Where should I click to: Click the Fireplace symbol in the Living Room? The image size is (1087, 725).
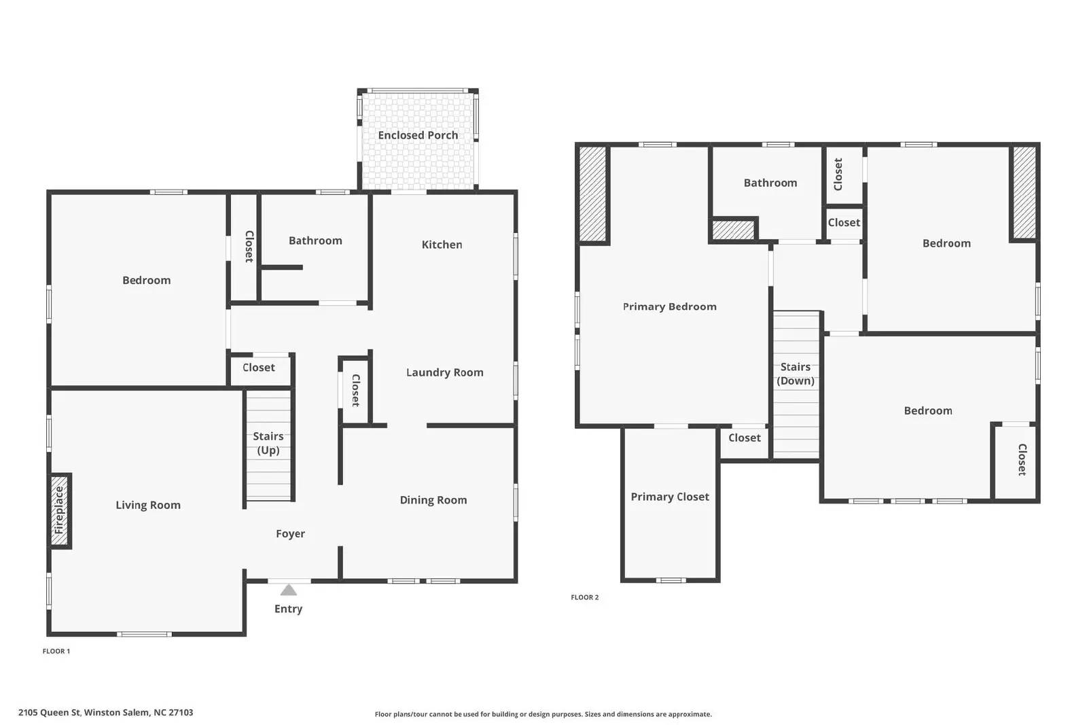60,510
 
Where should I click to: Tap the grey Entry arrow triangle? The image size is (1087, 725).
289,590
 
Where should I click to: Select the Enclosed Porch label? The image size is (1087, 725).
418,135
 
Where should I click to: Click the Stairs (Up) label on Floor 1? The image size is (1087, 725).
268,443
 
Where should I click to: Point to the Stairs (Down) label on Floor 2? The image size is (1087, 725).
796,374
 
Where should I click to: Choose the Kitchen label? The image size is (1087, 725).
442,245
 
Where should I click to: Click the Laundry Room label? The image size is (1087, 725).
444,372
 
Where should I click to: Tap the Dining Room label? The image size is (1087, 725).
433,500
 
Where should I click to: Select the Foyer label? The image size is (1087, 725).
290,534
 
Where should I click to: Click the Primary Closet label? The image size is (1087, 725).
670,497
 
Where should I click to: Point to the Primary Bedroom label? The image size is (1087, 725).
670,306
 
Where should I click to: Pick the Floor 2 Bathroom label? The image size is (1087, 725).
770,183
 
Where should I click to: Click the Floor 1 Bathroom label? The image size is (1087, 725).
315,241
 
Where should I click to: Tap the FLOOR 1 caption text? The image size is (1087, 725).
56,651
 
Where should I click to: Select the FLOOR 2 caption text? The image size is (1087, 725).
585,597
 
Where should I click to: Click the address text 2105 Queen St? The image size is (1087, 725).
105,713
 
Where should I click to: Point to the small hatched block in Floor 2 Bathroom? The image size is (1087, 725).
733,230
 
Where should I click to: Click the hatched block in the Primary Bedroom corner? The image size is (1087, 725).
592,194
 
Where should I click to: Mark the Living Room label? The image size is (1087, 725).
148,505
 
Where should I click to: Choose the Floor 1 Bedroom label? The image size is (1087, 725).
146,280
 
